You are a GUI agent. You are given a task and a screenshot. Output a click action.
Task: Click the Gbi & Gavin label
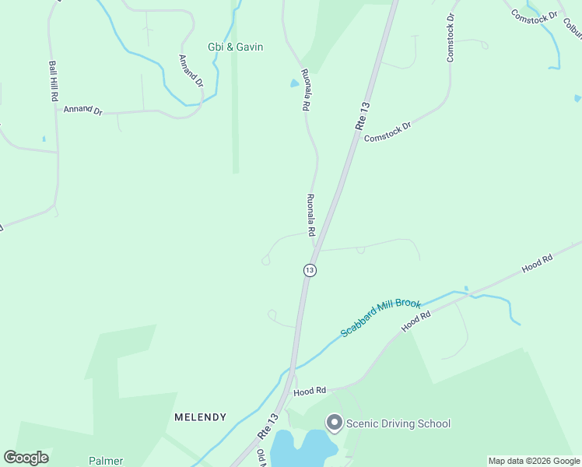(235, 47)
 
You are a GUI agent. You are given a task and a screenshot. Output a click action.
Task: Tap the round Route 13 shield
(310, 270)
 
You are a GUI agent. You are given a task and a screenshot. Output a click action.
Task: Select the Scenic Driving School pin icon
(335, 423)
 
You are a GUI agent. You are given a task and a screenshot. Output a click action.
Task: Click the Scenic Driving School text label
(398, 423)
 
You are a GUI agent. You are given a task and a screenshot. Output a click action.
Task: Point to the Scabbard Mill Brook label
(380, 318)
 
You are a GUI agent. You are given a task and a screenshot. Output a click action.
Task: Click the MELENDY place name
(201, 417)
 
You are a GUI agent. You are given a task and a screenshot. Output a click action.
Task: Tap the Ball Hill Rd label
(54, 82)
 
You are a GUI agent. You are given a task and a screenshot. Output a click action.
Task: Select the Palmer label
(106, 461)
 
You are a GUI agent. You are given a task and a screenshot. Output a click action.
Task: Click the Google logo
(26, 458)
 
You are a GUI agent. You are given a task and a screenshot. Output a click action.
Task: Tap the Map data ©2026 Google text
(534, 461)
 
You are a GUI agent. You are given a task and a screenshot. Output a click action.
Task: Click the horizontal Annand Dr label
(83, 111)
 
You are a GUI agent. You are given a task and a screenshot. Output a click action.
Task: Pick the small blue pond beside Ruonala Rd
(294, 83)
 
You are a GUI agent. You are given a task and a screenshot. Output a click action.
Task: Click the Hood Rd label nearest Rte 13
(309, 392)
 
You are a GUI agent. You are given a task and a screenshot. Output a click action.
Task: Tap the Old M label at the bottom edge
(261, 458)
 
